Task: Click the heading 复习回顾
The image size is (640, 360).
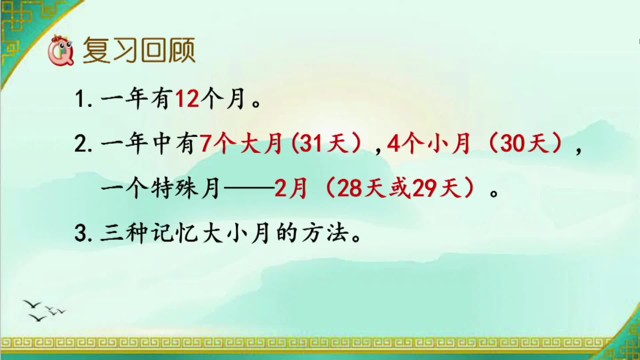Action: coord(139,51)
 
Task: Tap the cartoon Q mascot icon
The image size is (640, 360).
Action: coord(61,51)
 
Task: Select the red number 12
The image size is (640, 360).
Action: coord(187,99)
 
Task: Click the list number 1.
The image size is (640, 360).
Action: coord(80,99)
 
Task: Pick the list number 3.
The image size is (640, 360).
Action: coord(80,233)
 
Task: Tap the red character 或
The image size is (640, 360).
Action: coord(399,189)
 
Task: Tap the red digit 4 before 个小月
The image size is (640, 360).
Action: coord(393,144)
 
